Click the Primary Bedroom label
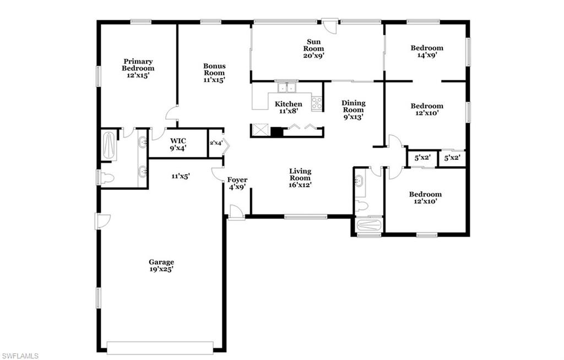click(x=138, y=68)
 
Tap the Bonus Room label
click(x=214, y=73)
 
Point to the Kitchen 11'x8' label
click(x=289, y=107)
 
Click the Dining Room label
click(x=353, y=110)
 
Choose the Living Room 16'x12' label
click(x=300, y=178)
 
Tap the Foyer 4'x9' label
click(x=237, y=183)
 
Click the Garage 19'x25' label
click(x=161, y=266)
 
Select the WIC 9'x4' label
click(x=178, y=144)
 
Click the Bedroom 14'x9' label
click(x=427, y=52)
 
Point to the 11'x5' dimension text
click(x=180, y=176)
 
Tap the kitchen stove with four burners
click(x=317, y=103)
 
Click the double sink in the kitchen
click(x=286, y=88)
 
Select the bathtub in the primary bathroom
click(x=109, y=145)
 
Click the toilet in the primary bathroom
click(x=107, y=178)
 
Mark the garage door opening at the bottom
click(x=160, y=347)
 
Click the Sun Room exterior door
click(x=329, y=26)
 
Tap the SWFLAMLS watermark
click(x=20, y=356)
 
